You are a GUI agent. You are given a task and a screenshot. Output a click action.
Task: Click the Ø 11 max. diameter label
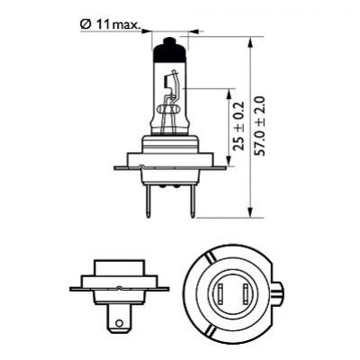coord(111,25)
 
